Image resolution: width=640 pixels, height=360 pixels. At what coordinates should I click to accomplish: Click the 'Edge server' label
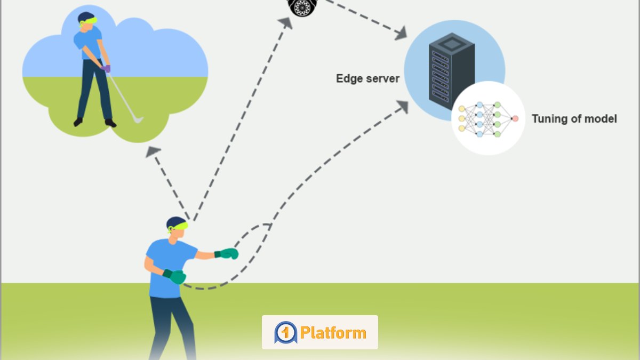[x=367, y=78]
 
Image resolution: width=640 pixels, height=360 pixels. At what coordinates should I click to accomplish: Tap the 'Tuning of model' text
[x=574, y=118]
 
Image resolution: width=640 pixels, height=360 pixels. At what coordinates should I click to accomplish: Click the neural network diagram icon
[x=487, y=118]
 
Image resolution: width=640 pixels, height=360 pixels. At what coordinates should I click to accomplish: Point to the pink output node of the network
[x=515, y=118]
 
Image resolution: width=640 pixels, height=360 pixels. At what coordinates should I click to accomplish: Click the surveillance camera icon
[x=302, y=6]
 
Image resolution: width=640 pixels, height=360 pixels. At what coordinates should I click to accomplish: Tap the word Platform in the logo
[x=333, y=333]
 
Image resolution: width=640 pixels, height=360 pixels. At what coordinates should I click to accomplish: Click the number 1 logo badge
[x=285, y=333]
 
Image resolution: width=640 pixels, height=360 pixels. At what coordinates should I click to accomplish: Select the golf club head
[x=138, y=120]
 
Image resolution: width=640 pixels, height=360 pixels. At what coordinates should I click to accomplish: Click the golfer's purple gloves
[x=106, y=68]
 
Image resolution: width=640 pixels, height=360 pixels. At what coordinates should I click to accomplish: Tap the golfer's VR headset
[x=89, y=21]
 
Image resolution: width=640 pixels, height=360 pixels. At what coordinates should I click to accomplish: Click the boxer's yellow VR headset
[x=179, y=227]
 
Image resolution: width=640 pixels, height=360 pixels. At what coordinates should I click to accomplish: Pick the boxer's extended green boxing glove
[x=228, y=254]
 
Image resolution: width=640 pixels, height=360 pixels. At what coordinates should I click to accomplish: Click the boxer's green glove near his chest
[x=176, y=277]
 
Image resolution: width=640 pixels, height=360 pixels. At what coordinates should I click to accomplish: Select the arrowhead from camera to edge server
[x=400, y=34]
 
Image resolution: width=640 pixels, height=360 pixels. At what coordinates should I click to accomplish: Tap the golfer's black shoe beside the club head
[x=110, y=123]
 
